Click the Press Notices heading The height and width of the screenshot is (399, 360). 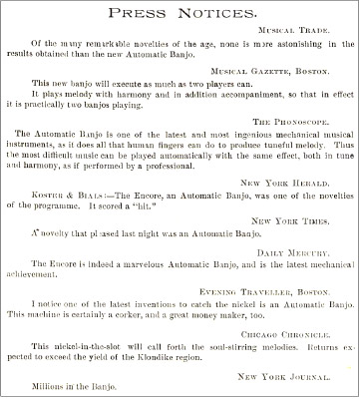click(180, 15)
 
